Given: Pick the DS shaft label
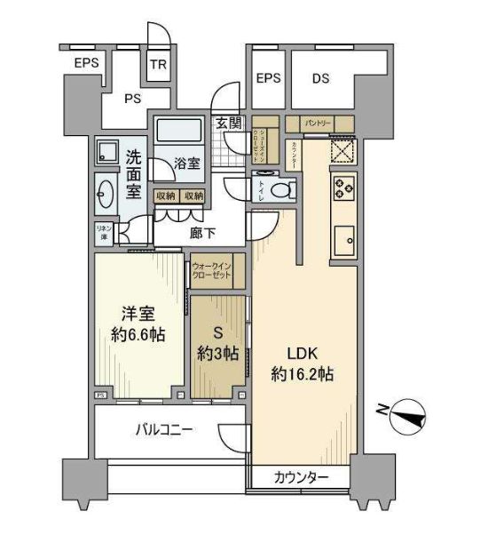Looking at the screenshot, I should pos(320,78).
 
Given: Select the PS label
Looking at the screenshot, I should pos(134,99).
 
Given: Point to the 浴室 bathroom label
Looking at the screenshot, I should pos(186,164).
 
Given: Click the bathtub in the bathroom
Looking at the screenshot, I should pos(180,132).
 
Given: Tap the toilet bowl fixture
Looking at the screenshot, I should pos(283,189).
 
